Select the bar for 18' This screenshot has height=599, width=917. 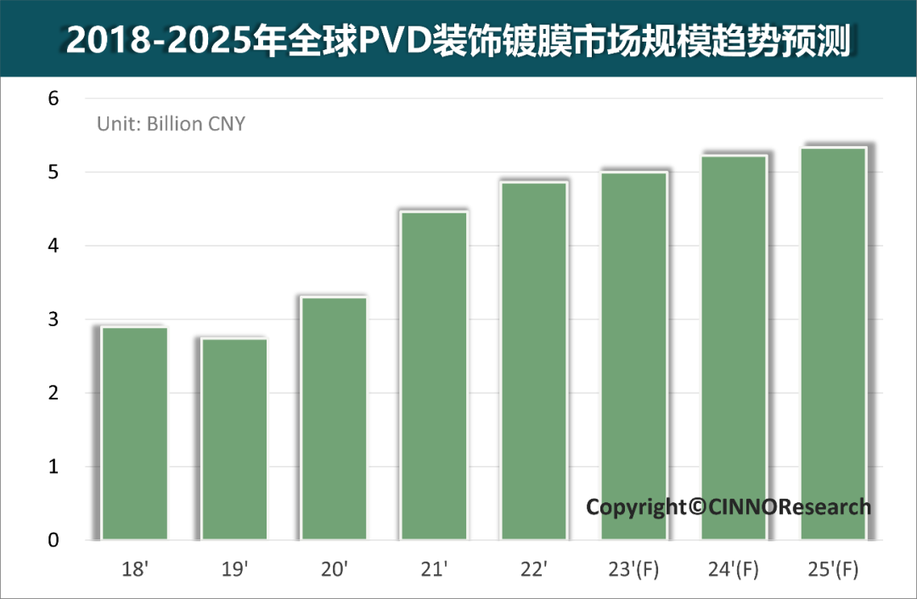click(x=135, y=432)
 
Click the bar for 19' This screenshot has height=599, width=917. click(x=234, y=438)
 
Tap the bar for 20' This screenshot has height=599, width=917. click(x=335, y=418)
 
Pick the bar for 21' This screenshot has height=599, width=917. click(x=434, y=376)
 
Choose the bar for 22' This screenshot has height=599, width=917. click(x=534, y=360)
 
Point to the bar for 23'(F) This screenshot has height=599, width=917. click(x=633, y=356)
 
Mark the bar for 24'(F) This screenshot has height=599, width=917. click(x=734, y=348)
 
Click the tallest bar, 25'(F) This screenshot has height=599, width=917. click(x=833, y=343)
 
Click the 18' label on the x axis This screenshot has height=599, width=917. click(x=135, y=568)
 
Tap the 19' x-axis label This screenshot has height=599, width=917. click(x=234, y=568)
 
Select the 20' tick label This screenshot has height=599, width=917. click(x=335, y=568)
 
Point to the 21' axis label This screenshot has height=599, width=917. click(x=434, y=568)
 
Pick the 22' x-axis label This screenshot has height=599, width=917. click(x=534, y=568)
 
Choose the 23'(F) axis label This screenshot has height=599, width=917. click(x=633, y=568)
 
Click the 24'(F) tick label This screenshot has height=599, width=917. click(x=734, y=568)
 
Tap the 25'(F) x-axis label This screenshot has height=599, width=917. click(x=833, y=568)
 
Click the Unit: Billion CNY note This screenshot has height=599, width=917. click(x=171, y=124)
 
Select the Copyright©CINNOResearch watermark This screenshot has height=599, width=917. click(x=729, y=507)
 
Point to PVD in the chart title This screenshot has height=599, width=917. click(x=391, y=40)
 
